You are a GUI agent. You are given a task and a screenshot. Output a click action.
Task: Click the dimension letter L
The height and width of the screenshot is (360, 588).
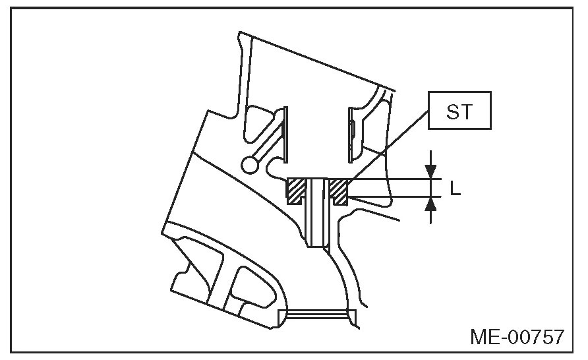coord(455,189)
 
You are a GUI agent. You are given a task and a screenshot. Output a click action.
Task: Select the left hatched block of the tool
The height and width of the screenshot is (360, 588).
coord(297,191)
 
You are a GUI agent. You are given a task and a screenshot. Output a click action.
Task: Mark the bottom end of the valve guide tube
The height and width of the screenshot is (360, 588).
coord(318,245)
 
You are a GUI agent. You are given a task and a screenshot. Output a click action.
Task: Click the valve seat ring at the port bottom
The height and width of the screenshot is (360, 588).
coord(316,313)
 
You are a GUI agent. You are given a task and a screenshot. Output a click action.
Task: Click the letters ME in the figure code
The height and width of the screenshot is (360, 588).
coord(485,338)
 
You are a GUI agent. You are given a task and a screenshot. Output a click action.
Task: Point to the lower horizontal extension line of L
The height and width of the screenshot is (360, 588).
coord(396,196)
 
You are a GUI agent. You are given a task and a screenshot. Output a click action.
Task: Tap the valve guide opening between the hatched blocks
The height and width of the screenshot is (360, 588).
coord(318,191)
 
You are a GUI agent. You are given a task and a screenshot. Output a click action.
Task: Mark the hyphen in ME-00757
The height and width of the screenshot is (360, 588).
coord(505,338)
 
